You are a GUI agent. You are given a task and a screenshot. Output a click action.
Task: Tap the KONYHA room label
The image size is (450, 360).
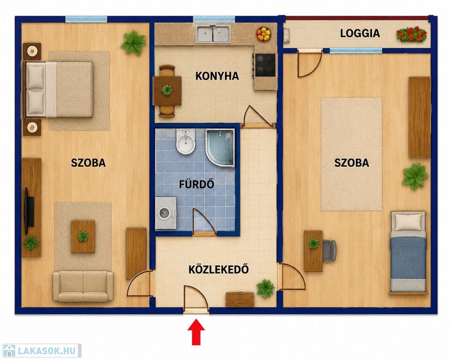tap(217, 76)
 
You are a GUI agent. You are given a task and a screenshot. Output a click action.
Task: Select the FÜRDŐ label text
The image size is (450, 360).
tap(196, 184)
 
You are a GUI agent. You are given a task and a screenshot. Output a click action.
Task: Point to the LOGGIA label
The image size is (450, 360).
tap(360, 33)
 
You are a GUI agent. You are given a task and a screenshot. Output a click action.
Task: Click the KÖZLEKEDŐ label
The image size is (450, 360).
tap(218, 269)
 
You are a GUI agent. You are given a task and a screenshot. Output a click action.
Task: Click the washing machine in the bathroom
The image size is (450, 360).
tap(165, 213)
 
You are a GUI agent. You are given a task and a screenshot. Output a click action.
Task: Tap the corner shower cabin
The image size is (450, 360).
tap(220, 147)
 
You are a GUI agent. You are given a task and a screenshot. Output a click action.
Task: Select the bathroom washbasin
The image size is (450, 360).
tap(186, 142)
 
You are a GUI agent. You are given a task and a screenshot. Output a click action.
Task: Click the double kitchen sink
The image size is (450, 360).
tap(213, 34)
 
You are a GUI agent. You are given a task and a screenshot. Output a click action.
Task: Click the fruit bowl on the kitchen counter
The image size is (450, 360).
tap(264, 34)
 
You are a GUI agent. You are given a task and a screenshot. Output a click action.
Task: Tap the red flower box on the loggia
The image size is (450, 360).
tap(412, 34)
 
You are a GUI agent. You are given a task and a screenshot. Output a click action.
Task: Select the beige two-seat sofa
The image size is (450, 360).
tap(83, 286)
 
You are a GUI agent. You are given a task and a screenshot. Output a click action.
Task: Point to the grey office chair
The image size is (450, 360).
tap(329, 251)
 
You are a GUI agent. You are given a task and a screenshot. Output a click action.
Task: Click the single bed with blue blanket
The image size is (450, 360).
tap(407, 253)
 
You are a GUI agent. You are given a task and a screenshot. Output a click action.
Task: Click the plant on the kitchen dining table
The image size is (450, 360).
tap(167, 90)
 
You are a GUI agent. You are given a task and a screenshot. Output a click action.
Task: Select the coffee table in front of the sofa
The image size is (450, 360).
tap(83, 236)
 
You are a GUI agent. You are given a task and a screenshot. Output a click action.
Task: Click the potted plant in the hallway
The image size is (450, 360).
tap(265, 288)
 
